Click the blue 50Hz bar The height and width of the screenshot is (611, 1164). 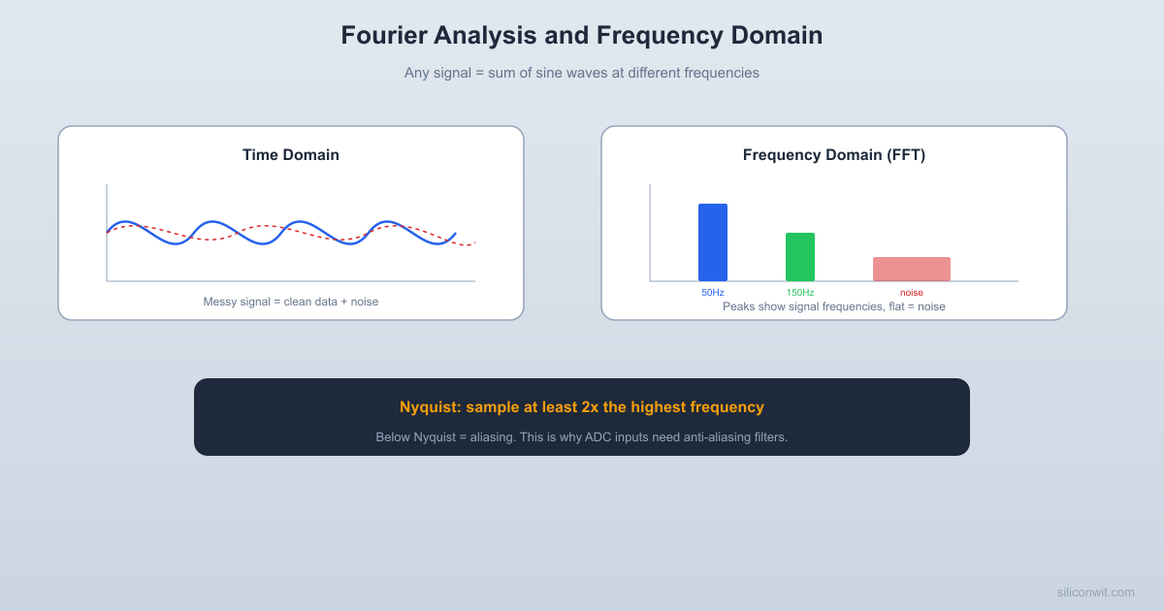point(713,242)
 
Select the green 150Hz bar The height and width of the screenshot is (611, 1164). point(800,257)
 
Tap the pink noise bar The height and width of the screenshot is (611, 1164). point(912,269)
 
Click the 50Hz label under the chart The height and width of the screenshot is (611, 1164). point(713,293)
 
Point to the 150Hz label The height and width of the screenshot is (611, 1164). point(800,293)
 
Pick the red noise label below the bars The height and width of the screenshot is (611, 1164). point(912,293)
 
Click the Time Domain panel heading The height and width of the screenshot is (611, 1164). point(291,155)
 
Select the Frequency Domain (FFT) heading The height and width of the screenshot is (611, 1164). point(834,155)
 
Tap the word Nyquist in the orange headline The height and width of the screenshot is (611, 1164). point(428,407)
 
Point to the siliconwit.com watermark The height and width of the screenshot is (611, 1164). point(1095,592)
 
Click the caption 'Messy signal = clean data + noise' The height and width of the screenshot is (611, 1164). point(291,302)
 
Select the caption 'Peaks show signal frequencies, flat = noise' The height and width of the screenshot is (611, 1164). point(834,306)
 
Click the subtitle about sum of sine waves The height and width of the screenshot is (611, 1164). point(582,73)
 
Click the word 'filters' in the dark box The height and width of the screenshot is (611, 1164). point(767,437)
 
